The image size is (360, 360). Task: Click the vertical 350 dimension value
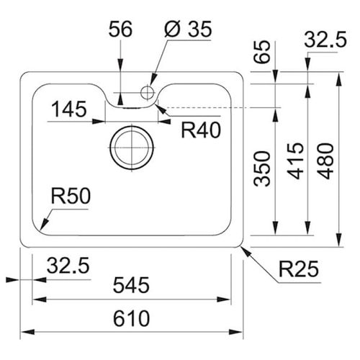[264, 169]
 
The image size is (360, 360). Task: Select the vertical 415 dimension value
[296, 169]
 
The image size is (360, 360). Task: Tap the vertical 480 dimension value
[328, 160]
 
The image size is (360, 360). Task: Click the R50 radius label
[69, 196]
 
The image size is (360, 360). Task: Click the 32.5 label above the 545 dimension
[68, 266]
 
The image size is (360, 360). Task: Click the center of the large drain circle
[130, 147]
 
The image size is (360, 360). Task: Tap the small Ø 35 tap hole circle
[148, 91]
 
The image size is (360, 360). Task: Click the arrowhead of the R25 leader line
[243, 246]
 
